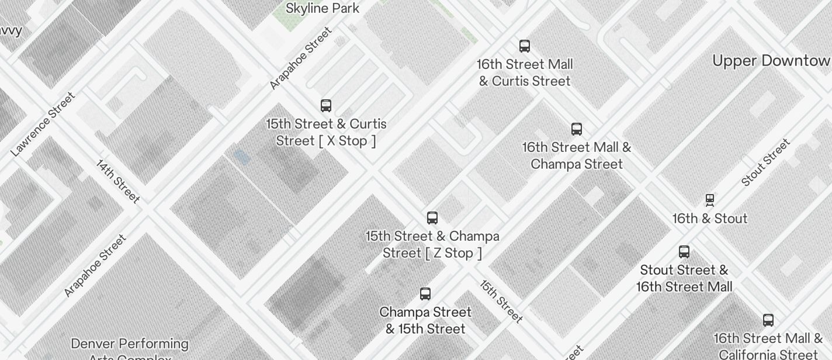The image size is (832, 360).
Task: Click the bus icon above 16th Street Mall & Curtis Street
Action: [525, 46]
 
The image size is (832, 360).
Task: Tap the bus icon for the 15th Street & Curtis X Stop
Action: [326, 106]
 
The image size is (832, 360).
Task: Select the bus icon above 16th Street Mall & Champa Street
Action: [577, 129]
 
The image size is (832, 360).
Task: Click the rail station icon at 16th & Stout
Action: [710, 200]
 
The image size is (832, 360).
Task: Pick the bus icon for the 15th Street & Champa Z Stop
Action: [432, 218]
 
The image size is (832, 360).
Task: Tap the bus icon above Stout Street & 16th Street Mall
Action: [684, 252]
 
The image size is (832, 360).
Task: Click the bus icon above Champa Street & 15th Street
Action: [425, 294]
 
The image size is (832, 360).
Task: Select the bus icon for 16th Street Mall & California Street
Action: [768, 320]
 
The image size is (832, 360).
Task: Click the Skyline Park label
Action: [323, 9]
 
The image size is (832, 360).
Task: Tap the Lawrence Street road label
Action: [43, 124]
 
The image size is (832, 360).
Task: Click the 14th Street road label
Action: [118, 181]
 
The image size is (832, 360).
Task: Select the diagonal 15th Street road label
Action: [501, 302]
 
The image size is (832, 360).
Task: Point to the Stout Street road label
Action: [765, 162]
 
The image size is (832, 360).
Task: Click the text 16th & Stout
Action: [710, 219]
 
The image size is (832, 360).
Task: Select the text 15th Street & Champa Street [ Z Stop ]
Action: [432, 245]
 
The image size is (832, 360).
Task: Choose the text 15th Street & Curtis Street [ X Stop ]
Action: [326, 133]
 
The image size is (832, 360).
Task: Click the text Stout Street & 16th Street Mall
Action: [684, 279]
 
